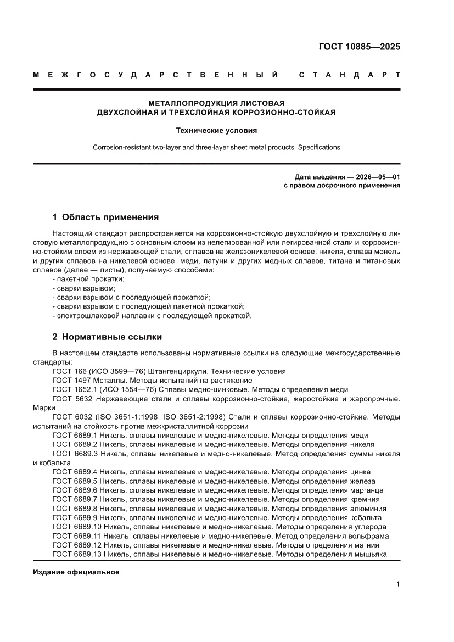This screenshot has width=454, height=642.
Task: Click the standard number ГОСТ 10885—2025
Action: pyautogui.click(x=359, y=46)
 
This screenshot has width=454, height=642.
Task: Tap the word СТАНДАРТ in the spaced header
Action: pyautogui.click(x=349, y=75)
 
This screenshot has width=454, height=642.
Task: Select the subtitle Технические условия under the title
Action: pyautogui.click(x=216, y=131)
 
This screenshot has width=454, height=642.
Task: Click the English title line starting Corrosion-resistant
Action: pyautogui.click(x=216, y=147)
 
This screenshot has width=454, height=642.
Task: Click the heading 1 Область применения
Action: pyautogui.click(x=105, y=217)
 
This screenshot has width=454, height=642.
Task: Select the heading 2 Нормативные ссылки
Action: pyautogui.click(x=107, y=337)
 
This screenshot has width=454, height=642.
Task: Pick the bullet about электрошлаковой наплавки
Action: pyautogui.click(x=152, y=315)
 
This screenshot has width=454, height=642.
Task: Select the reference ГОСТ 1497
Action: pyautogui.click(x=75, y=380)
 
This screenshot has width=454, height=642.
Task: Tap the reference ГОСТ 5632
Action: pyautogui.click(x=75, y=398)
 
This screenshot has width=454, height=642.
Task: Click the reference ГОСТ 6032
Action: pyautogui.click(x=75, y=416)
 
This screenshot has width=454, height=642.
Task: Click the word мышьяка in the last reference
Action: pyautogui.click(x=371, y=554)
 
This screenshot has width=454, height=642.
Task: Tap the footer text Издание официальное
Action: pyautogui.click(x=76, y=572)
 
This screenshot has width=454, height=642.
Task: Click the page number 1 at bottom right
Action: pyautogui.click(x=397, y=584)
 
